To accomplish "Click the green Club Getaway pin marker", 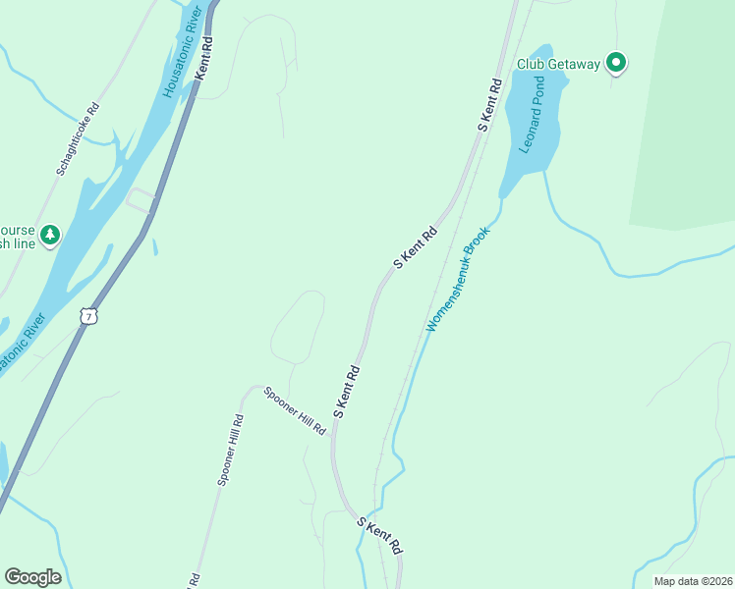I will point(616,64).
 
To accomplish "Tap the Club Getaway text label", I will point(558,65).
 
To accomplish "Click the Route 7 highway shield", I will point(89,317).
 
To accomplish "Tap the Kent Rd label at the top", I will point(204,58).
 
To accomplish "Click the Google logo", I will point(32,577).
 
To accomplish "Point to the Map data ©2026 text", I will point(693,581).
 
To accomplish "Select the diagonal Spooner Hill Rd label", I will point(295,410).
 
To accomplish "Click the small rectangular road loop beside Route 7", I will point(141,199).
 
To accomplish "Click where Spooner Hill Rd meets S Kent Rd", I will point(334,440).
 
